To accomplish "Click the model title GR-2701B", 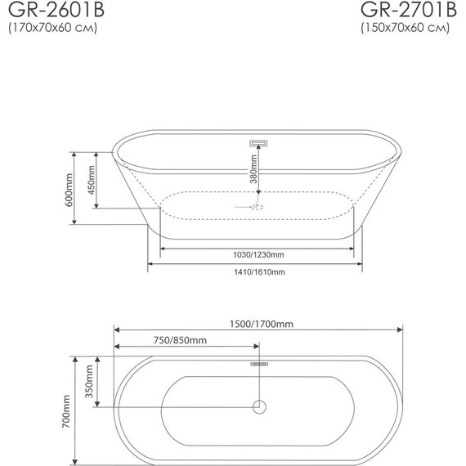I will (x=406, y=11).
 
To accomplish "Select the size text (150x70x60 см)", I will (x=406, y=30).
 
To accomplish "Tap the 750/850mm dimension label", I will (x=180, y=340).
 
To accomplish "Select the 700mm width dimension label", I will (x=69, y=410).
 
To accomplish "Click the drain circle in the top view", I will (x=259, y=406).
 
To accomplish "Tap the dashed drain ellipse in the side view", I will (x=256, y=207).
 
